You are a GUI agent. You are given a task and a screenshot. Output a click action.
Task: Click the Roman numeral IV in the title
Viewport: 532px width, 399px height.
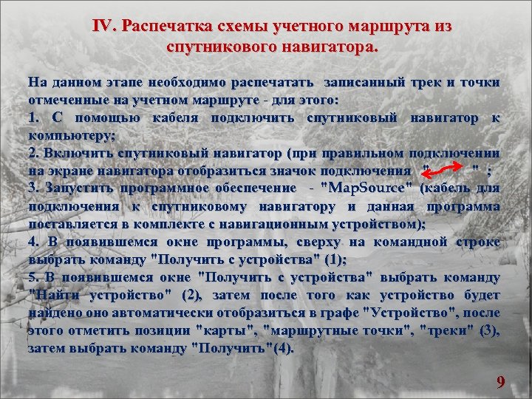click(103, 27)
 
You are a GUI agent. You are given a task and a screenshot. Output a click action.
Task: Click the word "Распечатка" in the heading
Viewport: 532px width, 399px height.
click(164, 27)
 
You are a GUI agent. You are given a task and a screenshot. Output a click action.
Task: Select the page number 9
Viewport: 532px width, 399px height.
click(501, 382)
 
